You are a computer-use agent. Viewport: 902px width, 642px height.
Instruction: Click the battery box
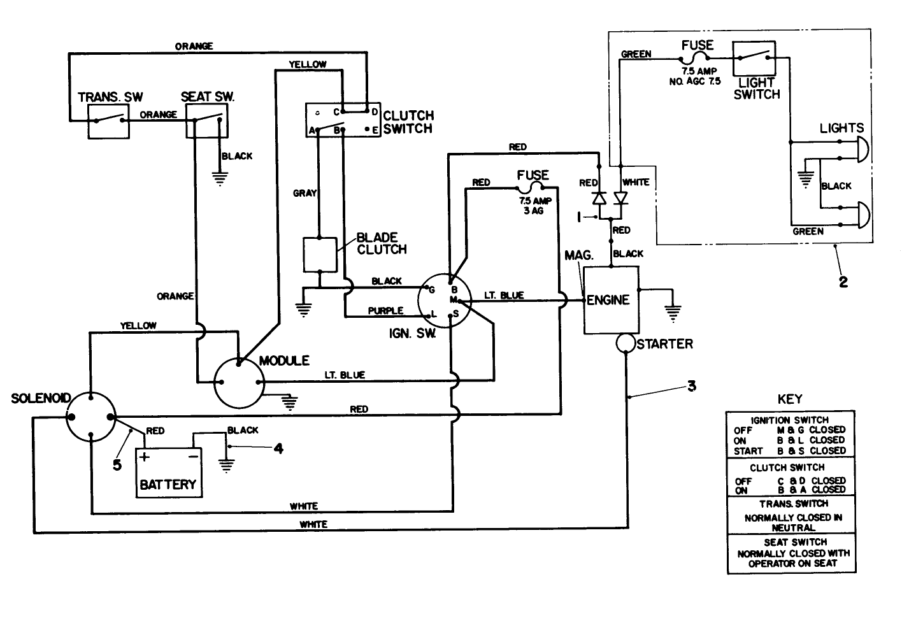coord(168,473)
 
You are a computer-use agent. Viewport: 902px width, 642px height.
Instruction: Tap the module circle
coord(238,382)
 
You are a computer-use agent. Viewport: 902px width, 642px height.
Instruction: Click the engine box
coord(611,299)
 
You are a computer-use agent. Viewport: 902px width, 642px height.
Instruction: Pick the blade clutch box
coord(319,255)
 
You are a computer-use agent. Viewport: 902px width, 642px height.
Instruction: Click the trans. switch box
coord(108,121)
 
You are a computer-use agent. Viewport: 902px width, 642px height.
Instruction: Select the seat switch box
coord(206,121)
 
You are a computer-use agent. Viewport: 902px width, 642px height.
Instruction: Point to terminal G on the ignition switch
coord(431,290)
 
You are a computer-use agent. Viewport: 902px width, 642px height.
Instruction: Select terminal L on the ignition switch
coord(434,313)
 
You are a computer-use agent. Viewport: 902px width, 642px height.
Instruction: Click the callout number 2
coord(843,282)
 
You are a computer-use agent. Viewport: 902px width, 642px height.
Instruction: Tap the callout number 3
coord(692,386)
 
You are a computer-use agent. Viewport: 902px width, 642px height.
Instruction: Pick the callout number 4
coord(278,449)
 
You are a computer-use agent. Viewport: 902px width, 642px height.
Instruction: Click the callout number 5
coord(117,465)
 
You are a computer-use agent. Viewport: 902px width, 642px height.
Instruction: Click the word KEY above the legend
coord(790,399)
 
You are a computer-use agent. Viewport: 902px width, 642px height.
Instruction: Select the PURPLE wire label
coord(385,311)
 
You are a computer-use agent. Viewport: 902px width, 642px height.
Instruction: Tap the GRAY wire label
coord(304,193)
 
